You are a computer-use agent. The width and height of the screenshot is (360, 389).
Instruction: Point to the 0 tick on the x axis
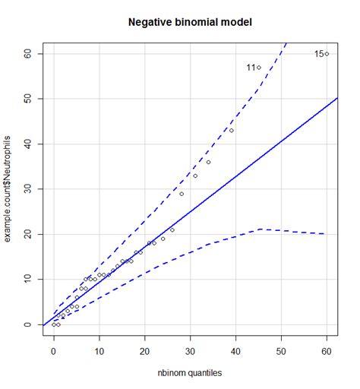click(53, 353)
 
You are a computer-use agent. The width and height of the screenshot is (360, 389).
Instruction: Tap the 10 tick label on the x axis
click(99, 353)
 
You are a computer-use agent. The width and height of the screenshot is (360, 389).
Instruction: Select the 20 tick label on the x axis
click(144, 353)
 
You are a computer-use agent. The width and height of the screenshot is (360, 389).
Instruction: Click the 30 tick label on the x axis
click(190, 353)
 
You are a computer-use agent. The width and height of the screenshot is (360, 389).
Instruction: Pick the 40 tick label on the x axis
click(235, 353)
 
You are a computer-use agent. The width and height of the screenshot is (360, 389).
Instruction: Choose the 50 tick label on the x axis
click(281, 353)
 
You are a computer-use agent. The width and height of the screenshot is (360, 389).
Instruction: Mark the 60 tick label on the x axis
click(327, 353)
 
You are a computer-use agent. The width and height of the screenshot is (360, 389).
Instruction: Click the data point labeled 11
click(258, 68)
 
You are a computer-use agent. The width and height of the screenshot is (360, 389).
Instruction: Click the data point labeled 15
click(327, 54)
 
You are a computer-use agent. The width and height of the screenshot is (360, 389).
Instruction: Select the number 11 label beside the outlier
click(250, 68)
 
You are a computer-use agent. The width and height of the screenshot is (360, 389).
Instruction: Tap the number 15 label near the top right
click(318, 54)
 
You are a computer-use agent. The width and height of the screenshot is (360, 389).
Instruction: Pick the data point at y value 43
click(231, 131)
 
